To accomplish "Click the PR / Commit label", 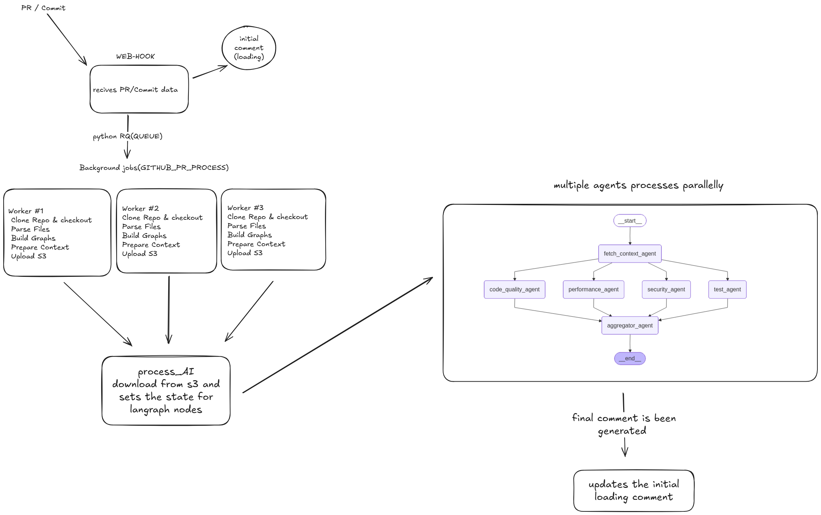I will [x=43, y=8].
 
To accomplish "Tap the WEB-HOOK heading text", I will [x=135, y=56].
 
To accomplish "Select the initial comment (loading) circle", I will [x=249, y=48].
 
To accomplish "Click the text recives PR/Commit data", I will [x=135, y=90].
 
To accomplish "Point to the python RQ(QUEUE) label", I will [x=127, y=136].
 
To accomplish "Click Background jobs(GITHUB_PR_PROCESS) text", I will [x=154, y=168].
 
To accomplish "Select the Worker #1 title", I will [x=26, y=211].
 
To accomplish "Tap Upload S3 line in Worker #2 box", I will [x=140, y=254].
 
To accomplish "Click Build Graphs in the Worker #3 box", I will [x=249, y=235].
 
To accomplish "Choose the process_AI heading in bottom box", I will [x=166, y=372].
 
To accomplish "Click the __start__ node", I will [x=630, y=221].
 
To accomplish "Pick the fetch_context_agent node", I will [x=630, y=254].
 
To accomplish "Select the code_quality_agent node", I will [x=514, y=289].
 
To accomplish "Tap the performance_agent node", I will [x=593, y=289].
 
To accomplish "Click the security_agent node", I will [x=666, y=289].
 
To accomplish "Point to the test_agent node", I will [x=727, y=289].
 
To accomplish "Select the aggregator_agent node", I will [x=630, y=326].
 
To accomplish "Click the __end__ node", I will [x=630, y=359].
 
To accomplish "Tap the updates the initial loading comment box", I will [x=634, y=490].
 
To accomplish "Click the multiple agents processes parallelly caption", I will [x=638, y=185].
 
